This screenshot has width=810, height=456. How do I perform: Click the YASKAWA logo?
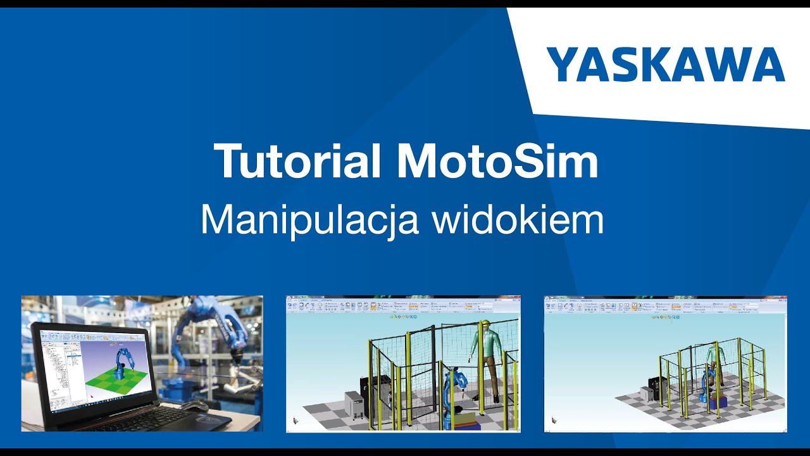coord(666,65)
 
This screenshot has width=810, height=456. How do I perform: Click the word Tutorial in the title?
coord(297,161)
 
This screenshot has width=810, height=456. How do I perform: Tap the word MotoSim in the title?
coord(497,161)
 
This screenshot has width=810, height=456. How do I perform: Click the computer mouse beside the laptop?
coord(194,405)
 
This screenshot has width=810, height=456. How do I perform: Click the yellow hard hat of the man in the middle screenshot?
coord(484,324)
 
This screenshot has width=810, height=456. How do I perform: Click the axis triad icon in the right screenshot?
coord(554,419)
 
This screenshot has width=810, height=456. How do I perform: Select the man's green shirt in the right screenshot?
coord(716,355)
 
